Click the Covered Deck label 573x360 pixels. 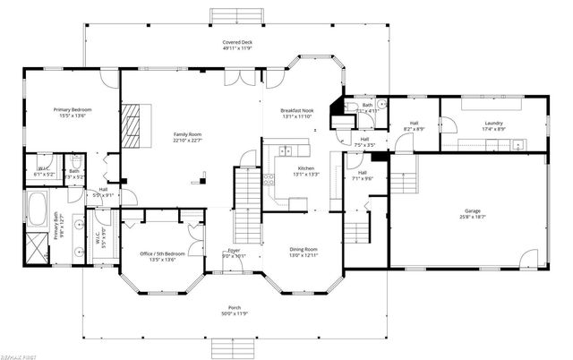235,43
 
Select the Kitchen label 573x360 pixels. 306,168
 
